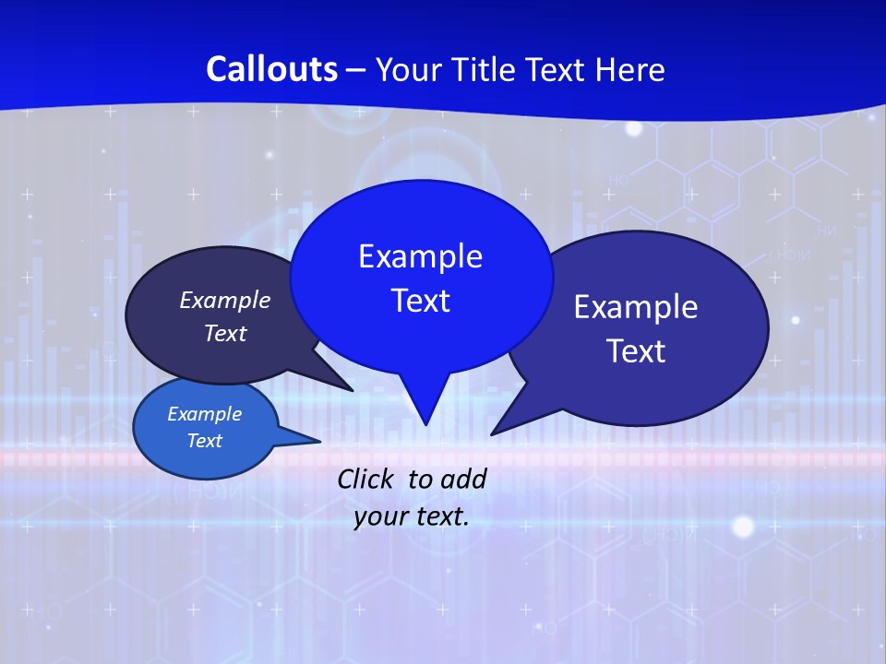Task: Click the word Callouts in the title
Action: (271, 69)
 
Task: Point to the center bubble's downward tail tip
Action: (425, 423)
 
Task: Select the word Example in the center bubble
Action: (421, 256)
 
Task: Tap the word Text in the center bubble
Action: (421, 301)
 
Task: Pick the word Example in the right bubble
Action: (636, 307)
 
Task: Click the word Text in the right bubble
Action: (636, 351)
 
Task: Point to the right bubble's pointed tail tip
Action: (493, 433)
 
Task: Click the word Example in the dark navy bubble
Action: (225, 301)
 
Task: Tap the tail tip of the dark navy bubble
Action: (352, 390)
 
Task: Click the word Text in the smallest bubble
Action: (205, 441)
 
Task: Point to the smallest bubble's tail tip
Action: (320, 440)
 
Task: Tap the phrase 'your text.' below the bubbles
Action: (412, 516)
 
